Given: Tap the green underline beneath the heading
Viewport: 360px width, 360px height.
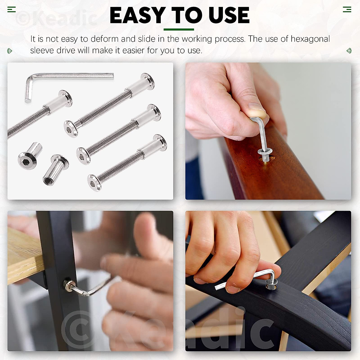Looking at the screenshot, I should pos(179,29).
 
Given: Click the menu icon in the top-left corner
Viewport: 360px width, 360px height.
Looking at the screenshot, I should pos(11,10).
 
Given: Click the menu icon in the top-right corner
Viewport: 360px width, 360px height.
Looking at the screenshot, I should pos(347,10).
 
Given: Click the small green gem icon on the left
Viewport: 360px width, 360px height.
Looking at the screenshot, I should pos(10,51).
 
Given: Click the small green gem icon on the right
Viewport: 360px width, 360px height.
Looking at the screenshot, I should pos(349,51).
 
